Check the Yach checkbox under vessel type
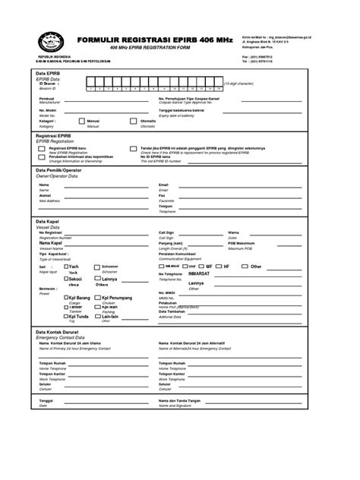point(66,267)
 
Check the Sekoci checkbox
point(66,279)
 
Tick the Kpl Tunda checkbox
point(66,317)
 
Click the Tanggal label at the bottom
point(46,400)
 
